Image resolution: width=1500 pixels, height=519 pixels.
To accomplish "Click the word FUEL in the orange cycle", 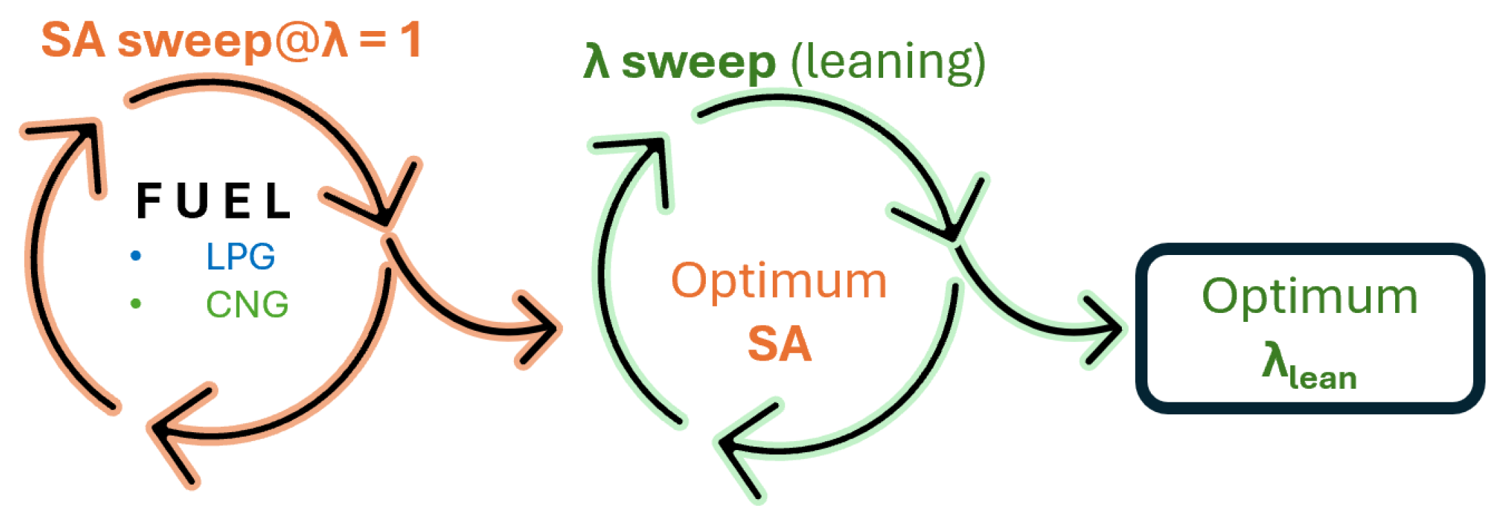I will click(x=213, y=201).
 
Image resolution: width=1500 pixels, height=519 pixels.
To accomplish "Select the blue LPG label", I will click(x=240, y=256).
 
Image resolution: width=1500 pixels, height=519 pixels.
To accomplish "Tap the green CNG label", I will click(x=247, y=304).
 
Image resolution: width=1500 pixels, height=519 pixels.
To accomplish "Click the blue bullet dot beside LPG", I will click(x=136, y=256).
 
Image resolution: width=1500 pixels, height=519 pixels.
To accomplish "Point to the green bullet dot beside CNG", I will click(x=136, y=303).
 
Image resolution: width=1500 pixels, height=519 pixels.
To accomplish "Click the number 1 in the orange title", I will click(x=411, y=40).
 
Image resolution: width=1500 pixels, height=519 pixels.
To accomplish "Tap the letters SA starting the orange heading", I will click(x=73, y=40).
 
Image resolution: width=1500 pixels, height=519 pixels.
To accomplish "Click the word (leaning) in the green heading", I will click(x=888, y=63).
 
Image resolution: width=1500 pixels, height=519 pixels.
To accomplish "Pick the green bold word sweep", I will click(x=698, y=63).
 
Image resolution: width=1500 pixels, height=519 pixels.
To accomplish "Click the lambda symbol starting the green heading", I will click(x=597, y=62).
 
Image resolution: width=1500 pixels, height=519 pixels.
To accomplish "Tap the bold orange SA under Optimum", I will click(x=780, y=343).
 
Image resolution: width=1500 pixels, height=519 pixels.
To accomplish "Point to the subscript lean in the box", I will click(x=1323, y=378).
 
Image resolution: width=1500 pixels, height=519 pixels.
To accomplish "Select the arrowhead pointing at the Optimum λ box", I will click(x=1107, y=329).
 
